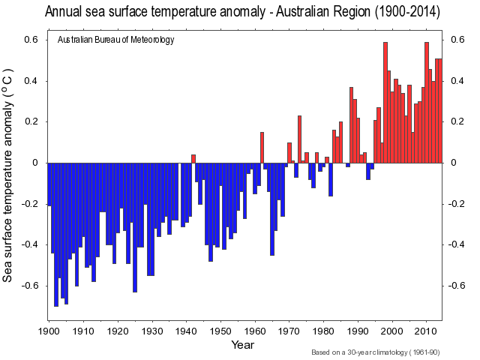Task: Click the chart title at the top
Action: (x=242, y=12)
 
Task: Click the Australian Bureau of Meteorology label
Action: (x=115, y=40)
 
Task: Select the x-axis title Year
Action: (x=242, y=344)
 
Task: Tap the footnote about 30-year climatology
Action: (x=376, y=352)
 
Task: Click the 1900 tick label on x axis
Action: (x=49, y=331)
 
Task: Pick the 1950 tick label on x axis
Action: (x=220, y=331)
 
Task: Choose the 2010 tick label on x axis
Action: (x=426, y=331)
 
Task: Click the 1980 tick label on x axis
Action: (x=323, y=331)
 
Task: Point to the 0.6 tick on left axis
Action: (x=32, y=40)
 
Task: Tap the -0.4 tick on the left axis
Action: (x=30, y=244)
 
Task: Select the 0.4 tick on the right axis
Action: (x=456, y=81)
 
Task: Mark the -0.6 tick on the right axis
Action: (x=457, y=286)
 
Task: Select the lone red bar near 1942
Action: (x=193, y=159)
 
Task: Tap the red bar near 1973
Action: (x=299, y=139)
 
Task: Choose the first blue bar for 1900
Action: (x=49, y=184)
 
